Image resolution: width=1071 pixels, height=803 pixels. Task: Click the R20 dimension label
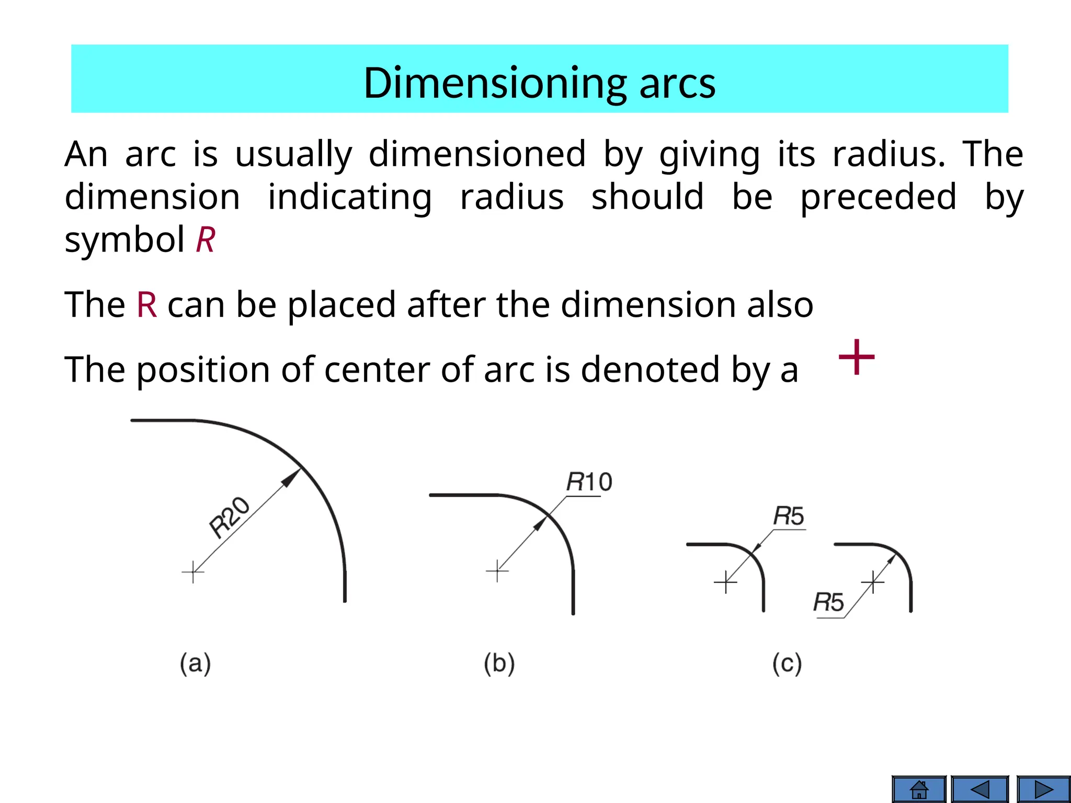point(229,518)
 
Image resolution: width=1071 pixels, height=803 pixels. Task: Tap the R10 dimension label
point(589,481)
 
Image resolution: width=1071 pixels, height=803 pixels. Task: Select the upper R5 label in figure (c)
point(789,516)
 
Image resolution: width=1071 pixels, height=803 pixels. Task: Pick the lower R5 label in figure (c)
point(828,602)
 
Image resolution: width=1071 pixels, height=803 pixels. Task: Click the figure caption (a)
point(195,663)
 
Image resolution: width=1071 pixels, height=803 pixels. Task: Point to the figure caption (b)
point(499,663)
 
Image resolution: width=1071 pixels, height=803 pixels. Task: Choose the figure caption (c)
point(787,663)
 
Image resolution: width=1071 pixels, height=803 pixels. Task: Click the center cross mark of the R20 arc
point(193,572)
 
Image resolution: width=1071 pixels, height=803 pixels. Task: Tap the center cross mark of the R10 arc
point(497,571)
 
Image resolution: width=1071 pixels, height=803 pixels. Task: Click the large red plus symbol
point(857,357)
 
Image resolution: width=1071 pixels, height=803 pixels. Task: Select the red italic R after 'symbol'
point(206,240)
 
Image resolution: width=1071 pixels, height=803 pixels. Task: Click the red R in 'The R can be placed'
point(147,305)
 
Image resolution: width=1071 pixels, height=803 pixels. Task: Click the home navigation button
point(919,789)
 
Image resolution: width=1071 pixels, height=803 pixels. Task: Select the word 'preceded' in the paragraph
point(879,197)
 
